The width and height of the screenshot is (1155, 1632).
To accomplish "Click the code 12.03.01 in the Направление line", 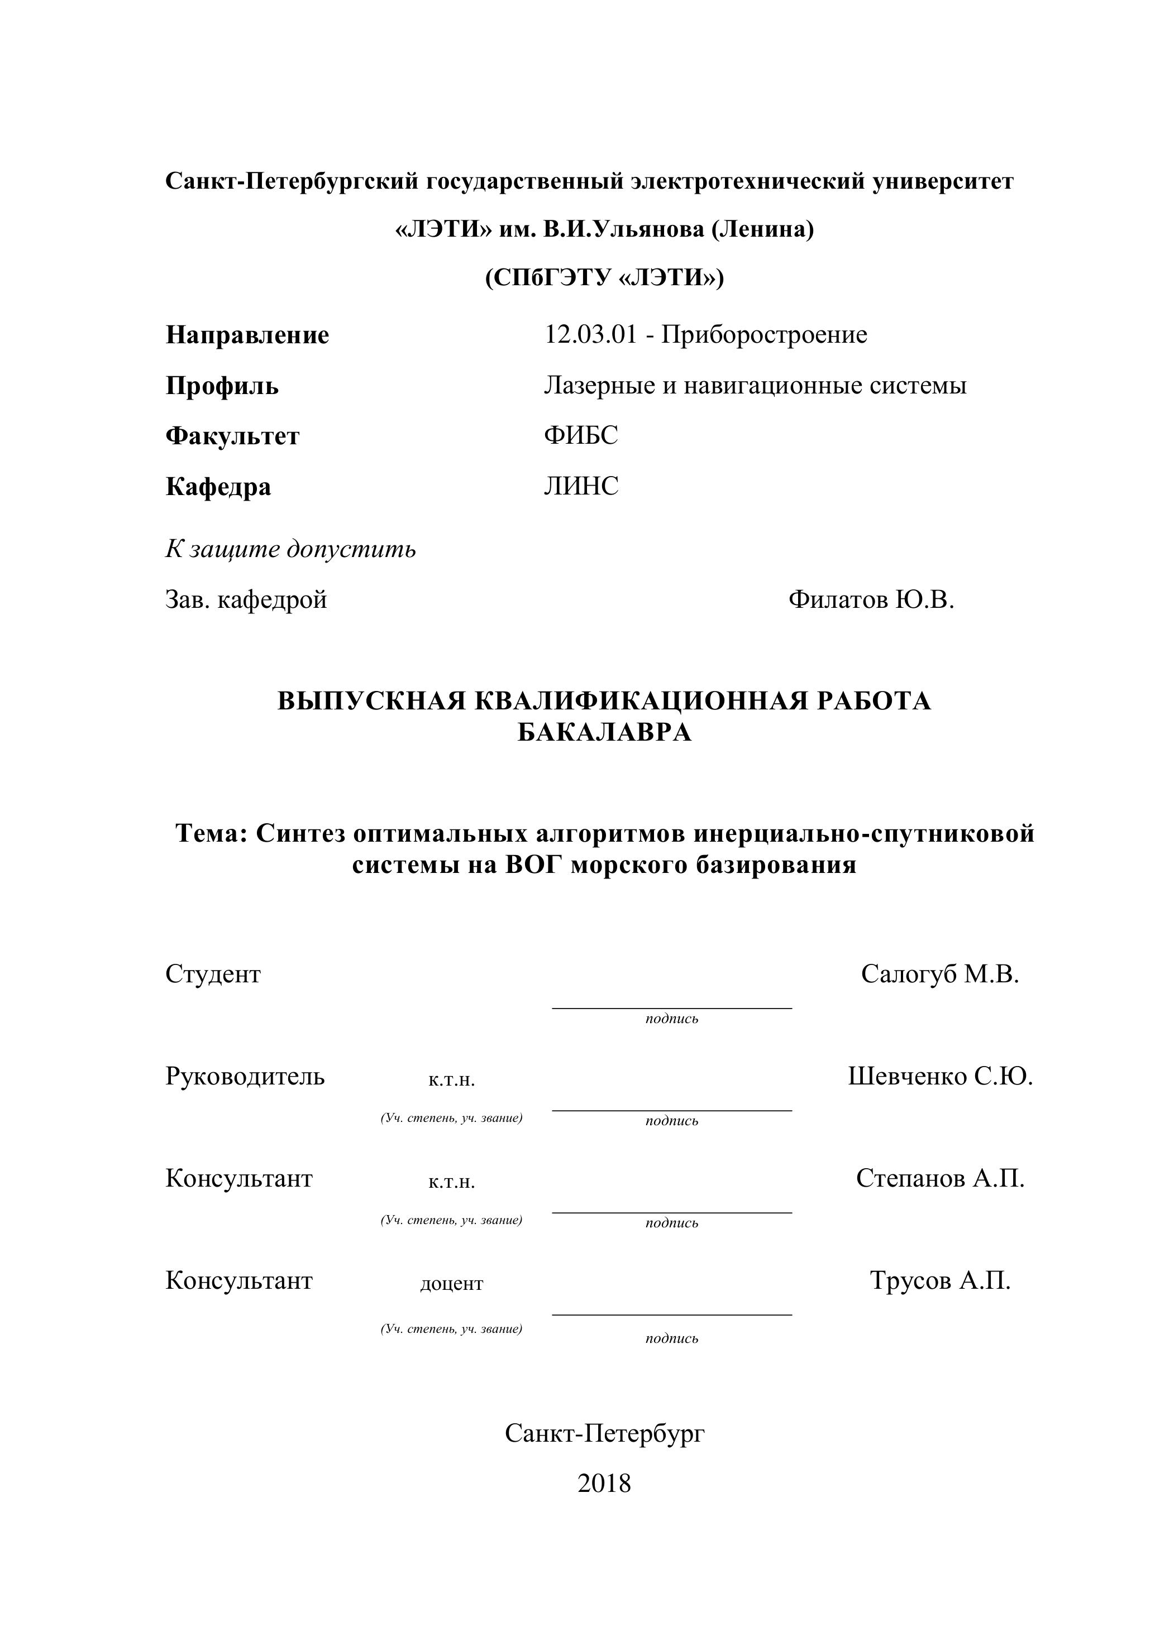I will point(590,335).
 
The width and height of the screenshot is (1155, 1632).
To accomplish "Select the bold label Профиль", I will point(222,386).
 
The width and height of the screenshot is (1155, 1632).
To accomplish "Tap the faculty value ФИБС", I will point(581,436).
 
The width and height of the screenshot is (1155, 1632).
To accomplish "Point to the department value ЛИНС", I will point(581,487).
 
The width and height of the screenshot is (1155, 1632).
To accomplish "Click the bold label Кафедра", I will point(218,487).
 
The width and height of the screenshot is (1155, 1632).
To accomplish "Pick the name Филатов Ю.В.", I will point(871,600).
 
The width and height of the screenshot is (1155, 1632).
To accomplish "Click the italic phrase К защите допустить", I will point(291,549).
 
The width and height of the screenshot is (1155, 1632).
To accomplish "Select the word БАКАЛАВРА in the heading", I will point(604,732).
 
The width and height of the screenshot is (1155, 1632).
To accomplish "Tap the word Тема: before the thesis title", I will point(211,833).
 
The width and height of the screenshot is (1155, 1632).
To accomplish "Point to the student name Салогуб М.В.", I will point(940,974).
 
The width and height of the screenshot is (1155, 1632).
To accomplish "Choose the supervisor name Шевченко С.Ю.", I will point(940,1077).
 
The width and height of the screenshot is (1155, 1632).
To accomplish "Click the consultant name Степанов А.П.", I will point(940,1178).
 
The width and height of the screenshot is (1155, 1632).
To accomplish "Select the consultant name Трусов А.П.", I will point(940,1281).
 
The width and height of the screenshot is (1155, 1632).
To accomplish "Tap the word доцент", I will point(452,1284).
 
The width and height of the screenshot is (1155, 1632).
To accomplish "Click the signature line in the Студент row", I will point(672,1007).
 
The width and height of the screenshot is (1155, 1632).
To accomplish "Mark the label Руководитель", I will point(245,1077).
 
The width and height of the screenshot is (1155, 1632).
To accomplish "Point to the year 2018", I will point(604,1484).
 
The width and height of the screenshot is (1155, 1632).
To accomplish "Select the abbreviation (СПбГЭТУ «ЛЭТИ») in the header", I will point(604,277).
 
